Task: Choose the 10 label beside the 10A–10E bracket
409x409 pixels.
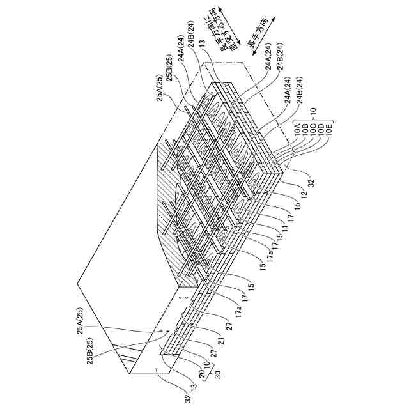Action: [313, 110]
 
